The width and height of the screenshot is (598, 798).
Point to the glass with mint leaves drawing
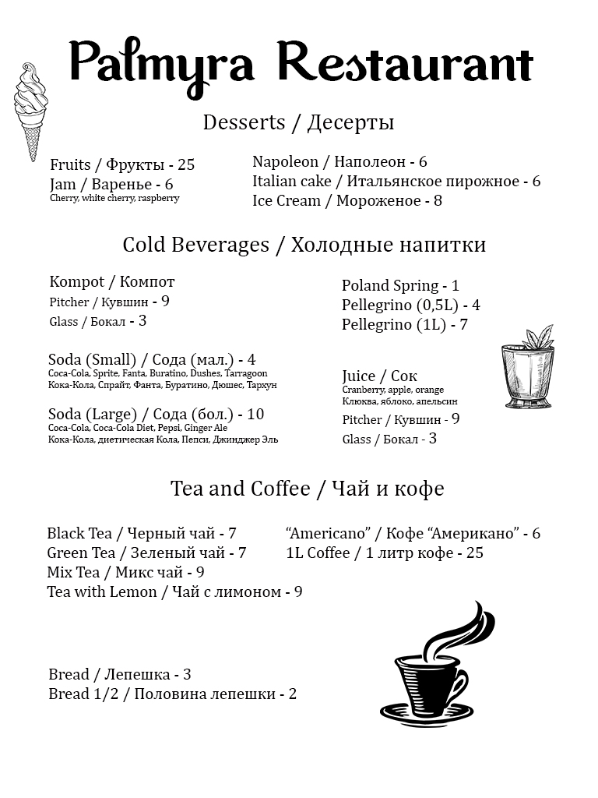coord(527,369)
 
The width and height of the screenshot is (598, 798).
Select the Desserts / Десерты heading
coord(298,122)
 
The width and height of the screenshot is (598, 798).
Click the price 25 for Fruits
coord(185,164)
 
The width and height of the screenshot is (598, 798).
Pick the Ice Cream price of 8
coord(438,201)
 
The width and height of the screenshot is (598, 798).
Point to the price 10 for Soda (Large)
coord(255,414)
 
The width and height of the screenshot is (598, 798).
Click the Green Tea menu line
coord(146,553)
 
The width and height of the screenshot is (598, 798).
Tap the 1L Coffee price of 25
coord(474,553)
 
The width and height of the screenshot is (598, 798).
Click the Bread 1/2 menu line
coord(172,694)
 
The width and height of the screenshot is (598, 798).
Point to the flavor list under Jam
coord(114,198)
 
